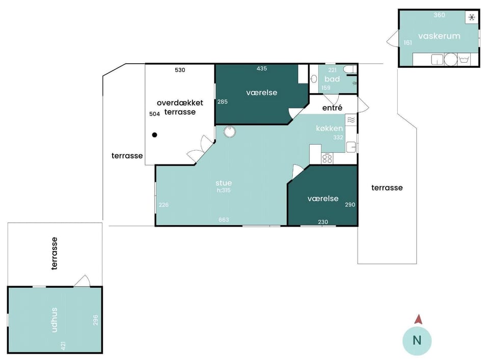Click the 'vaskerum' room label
pyautogui.click(x=439, y=36)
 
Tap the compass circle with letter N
pyautogui.click(x=417, y=341)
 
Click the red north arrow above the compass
pyautogui.click(x=418, y=319)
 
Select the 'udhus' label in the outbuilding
pyautogui.click(x=55, y=320)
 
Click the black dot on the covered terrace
pyautogui.click(x=154, y=134)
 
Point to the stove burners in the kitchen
pyautogui.click(x=327, y=158)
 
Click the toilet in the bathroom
pyautogui.click(x=350, y=69)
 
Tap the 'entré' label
pyautogui.click(x=332, y=108)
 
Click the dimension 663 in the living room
pyautogui.click(x=224, y=220)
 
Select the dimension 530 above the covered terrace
pyautogui.click(x=180, y=70)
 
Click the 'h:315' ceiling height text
pyautogui.click(x=224, y=190)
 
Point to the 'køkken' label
pyautogui.click(x=330, y=128)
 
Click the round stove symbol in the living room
pyautogui.click(x=230, y=131)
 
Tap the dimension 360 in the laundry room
pyautogui.click(x=439, y=15)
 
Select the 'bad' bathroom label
pyautogui.click(x=332, y=79)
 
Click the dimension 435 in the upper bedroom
pyautogui.click(x=262, y=68)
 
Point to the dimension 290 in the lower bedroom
pyautogui.click(x=350, y=205)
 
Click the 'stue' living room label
pyautogui.click(x=224, y=183)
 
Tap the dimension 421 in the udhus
pyautogui.click(x=63, y=345)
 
